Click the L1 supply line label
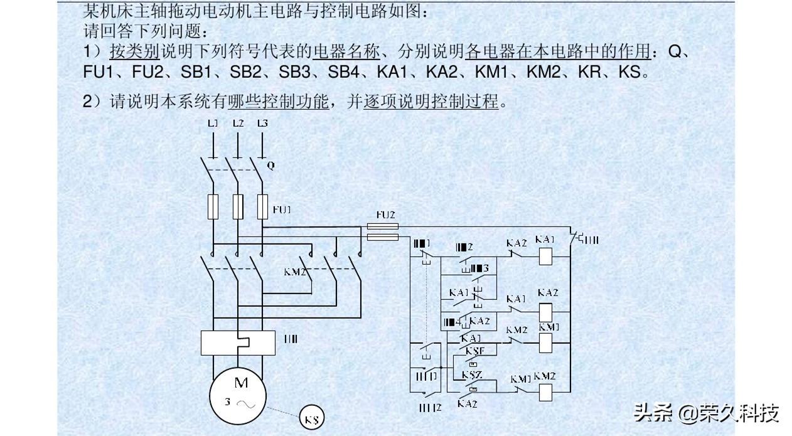213,124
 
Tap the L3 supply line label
262,124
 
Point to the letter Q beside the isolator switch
271,166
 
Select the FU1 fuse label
282,209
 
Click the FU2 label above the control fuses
385,215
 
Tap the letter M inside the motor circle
241,382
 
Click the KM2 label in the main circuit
295,272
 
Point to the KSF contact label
474,351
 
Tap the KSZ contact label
472,375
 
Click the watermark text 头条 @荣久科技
706,413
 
